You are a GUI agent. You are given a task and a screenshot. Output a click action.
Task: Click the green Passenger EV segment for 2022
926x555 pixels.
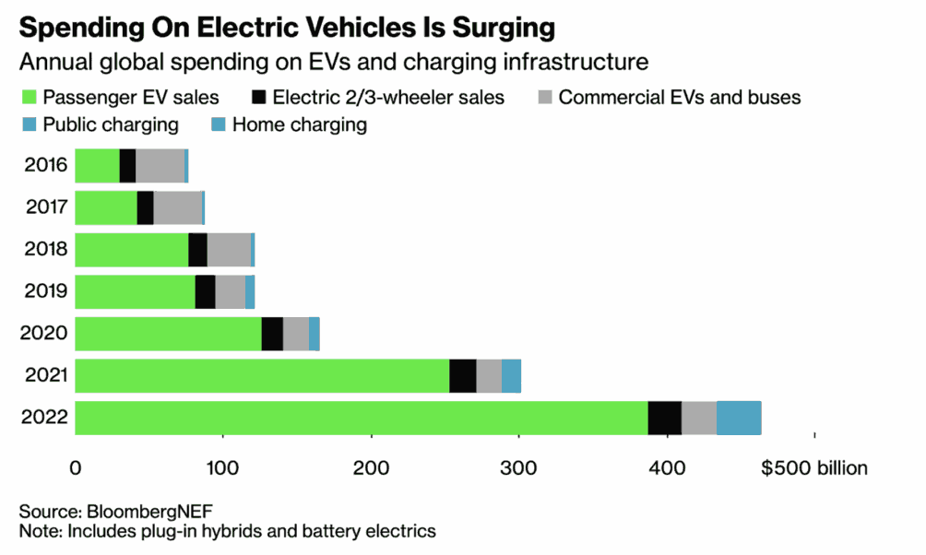[361, 418]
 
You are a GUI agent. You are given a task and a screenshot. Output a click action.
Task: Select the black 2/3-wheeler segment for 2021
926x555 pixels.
[462, 376]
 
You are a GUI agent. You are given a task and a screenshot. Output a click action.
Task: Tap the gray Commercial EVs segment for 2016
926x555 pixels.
[160, 165]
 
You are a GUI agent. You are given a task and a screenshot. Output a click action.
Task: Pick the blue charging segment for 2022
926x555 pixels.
[738, 418]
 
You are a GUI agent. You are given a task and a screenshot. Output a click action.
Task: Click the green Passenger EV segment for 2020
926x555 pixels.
[168, 334]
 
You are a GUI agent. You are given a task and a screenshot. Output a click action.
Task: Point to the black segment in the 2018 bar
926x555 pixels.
[197, 250]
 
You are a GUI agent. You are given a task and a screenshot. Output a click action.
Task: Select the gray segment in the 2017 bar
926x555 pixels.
[177, 207]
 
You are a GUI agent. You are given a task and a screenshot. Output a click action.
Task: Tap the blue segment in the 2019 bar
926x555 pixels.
[250, 291]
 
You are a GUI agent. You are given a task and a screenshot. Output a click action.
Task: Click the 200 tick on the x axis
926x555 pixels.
[371, 468]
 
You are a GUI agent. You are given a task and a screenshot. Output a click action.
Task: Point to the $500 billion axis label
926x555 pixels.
[813, 468]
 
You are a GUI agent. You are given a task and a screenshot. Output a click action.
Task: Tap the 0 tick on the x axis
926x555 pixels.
[75, 468]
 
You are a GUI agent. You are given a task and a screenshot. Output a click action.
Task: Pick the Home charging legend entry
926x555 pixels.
[300, 124]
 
